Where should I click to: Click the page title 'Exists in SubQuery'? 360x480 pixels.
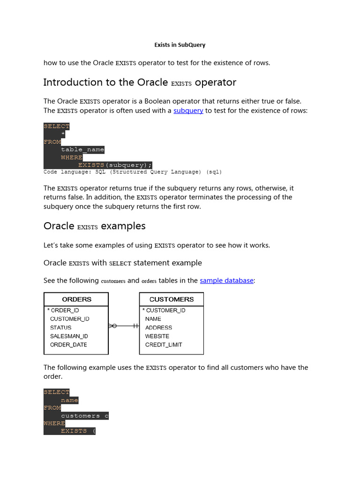point(180,45)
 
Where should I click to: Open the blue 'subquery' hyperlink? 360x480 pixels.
point(188,111)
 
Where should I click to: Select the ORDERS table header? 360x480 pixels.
point(76,300)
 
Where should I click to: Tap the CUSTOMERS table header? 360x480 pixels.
point(172,300)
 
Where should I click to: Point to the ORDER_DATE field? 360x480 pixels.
point(68,345)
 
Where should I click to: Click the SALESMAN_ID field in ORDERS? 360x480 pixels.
point(69,336)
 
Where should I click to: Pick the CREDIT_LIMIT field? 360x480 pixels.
point(164,345)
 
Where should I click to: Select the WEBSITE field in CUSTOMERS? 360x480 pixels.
point(157,336)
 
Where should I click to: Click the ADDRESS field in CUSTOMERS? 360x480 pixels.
point(158,328)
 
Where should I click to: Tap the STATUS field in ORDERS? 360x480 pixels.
point(61,328)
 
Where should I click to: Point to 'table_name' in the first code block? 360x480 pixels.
point(82,150)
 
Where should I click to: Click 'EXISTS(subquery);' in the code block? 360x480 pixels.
point(115,165)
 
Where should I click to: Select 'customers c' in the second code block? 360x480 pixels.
point(84,416)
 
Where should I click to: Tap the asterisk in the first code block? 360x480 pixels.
point(63,134)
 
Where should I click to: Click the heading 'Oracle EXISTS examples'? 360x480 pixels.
point(94,226)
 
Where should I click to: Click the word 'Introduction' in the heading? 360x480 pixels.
point(73,82)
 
